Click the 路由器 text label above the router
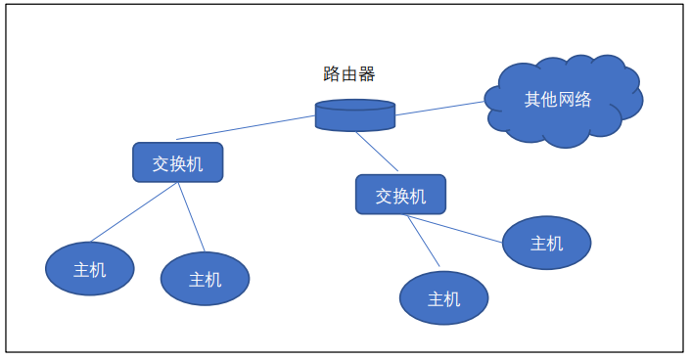[x=349, y=74]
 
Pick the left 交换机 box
[x=177, y=162]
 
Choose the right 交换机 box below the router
[x=400, y=195]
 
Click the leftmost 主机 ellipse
[x=90, y=269]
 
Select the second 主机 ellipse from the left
[x=205, y=279]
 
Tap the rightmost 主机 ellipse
[x=546, y=243]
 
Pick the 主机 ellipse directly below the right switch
[x=443, y=298]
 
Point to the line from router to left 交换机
[x=245, y=128]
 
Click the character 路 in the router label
[x=332, y=74]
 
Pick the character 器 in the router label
[x=367, y=74]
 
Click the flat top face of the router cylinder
[x=355, y=105]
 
